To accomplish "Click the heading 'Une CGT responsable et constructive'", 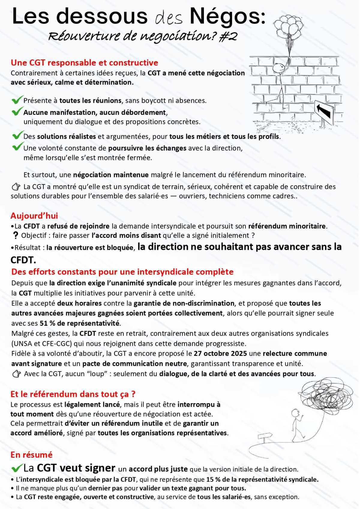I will [84, 63].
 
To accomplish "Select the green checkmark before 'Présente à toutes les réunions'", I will [17, 100].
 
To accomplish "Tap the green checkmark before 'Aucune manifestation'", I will [17, 112].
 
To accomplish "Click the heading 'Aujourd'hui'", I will [34, 216].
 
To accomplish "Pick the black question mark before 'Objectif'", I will [16, 236].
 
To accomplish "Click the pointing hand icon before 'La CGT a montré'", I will [16, 187].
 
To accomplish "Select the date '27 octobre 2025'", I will [220, 353].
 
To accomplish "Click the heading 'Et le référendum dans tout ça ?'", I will [73, 394].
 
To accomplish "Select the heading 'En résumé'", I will [31, 455].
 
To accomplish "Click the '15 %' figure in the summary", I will [213, 479].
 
